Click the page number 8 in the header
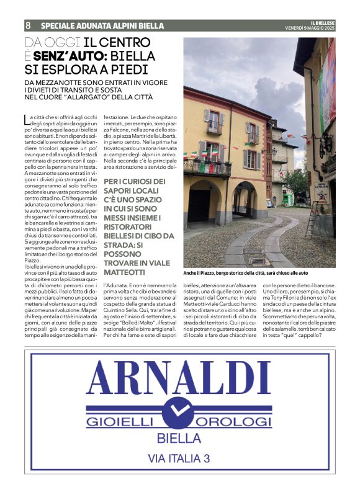[x=29, y=26]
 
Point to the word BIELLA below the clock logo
[x=180, y=437]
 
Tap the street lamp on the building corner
[x=274, y=151]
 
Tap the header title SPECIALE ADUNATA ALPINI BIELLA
[x=102, y=26]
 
